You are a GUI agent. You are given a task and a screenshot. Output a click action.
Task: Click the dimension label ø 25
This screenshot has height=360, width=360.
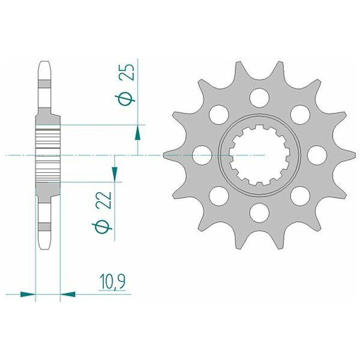click(125, 85)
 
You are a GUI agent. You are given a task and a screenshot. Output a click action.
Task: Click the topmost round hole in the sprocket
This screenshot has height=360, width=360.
click(259, 98)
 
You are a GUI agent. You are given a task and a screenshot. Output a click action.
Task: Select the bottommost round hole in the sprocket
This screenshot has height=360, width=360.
click(259, 213)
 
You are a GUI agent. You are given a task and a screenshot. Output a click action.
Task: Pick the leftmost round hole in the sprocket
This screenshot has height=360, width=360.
click(202, 155)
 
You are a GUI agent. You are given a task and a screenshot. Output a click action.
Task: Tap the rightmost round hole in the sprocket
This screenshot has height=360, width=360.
click(317, 155)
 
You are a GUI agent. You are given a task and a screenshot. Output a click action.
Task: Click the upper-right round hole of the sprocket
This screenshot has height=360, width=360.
click(300, 115)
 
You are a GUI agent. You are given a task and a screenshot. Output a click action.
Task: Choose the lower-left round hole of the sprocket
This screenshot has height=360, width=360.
click(219, 196)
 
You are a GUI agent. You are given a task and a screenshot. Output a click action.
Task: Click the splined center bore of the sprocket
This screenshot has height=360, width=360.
click(259, 155)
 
